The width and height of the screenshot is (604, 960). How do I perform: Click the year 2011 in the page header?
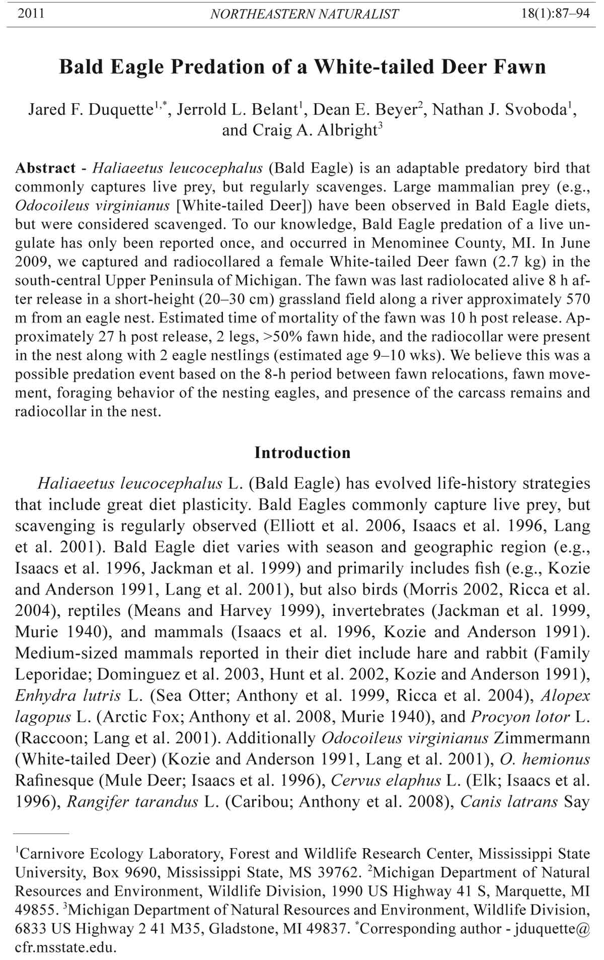[31, 14]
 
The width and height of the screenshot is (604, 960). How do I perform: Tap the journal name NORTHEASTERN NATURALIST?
[305, 14]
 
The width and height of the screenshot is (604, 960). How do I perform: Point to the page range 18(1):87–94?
[556, 14]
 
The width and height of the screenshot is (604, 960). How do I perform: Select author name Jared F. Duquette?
[90, 109]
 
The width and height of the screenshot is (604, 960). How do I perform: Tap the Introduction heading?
[302, 453]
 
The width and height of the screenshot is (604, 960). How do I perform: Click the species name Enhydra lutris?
[68, 696]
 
